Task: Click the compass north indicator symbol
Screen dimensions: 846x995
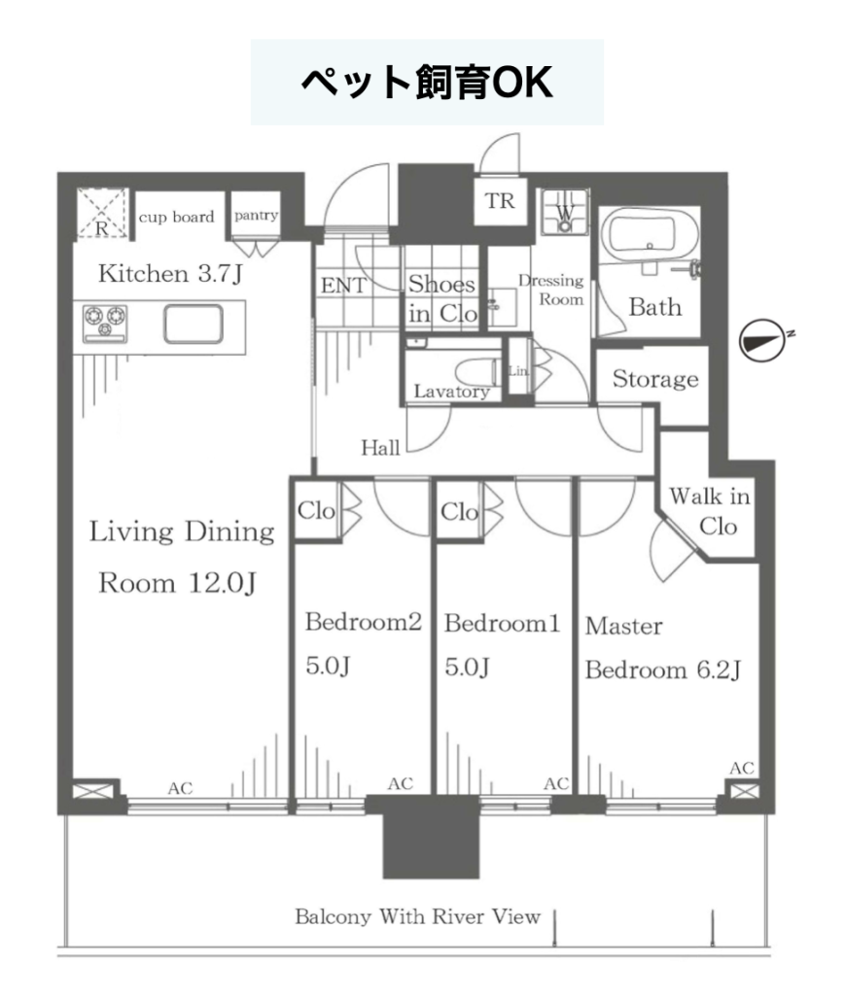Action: [764, 341]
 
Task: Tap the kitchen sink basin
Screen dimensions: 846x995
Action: [194, 324]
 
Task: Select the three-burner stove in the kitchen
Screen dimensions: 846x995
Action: [105, 323]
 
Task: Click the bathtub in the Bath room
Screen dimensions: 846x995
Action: [642, 236]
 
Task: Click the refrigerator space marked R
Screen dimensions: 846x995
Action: [102, 214]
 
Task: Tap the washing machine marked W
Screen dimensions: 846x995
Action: [565, 212]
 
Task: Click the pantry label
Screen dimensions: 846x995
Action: [256, 216]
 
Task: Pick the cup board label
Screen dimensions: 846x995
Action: [177, 217]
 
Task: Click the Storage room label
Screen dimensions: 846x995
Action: [655, 379]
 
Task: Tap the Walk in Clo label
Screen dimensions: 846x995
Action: [710, 511]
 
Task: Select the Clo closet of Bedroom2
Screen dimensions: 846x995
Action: [316, 510]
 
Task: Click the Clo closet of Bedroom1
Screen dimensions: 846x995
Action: [459, 511]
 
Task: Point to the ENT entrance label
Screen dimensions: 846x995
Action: [343, 286]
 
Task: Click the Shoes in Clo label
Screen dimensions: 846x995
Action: [442, 298]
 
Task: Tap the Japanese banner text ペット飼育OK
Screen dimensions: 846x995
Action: [427, 82]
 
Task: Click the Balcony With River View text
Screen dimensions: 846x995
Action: [418, 916]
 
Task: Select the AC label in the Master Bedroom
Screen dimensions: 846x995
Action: [741, 769]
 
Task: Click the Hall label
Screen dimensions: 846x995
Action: [380, 448]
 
